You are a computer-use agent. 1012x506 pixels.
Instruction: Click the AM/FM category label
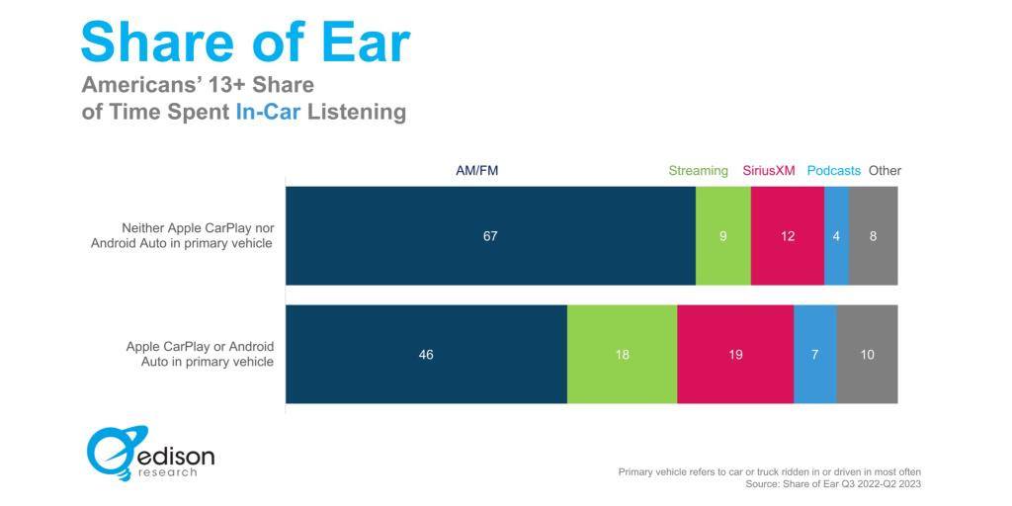pos(477,171)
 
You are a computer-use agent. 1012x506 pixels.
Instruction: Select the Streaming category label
pos(699,171)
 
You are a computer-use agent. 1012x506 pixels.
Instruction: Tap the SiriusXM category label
pos(769,171)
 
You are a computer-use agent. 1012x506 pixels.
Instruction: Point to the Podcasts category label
pos(834,171)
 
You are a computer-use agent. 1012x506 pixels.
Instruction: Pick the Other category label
pos(885,171)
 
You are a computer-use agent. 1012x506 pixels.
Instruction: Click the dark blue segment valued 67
pos(490,236)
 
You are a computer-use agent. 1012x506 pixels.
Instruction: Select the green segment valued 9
pos(723,236)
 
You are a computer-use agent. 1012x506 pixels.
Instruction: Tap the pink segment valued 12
pos(788,236)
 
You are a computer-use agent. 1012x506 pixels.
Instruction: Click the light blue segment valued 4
pos(837,236)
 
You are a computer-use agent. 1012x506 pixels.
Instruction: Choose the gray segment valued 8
pos(874,236)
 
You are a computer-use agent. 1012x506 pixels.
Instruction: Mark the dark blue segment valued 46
pos(427,355)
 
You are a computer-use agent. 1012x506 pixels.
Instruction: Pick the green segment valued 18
pos(623,355)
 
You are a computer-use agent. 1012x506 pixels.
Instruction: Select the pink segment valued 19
pos(735,355)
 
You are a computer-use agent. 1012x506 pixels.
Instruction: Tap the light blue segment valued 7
pos(815,355)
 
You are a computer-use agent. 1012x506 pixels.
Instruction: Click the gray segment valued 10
pos(868,355)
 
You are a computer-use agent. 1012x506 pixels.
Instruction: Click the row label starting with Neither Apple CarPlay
pos(182,235)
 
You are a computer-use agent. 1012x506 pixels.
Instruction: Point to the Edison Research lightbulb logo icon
pos(118,453)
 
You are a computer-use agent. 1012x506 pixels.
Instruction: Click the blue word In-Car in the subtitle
pos(268,112)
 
